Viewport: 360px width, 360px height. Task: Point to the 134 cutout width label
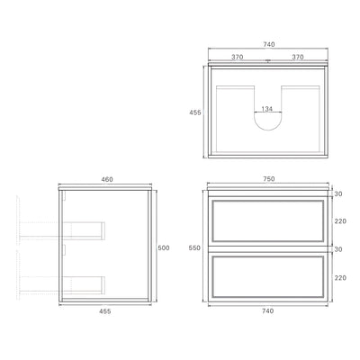coord(266,109)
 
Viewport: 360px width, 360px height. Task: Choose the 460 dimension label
coord(107,180)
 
